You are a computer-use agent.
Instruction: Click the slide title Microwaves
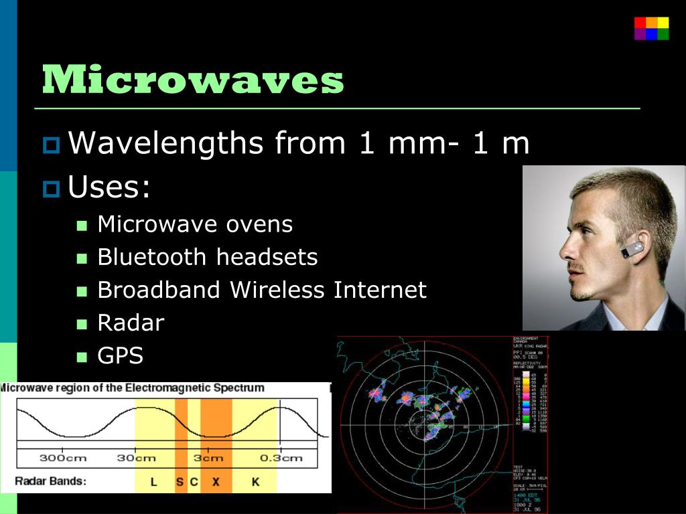(x=193, y=80)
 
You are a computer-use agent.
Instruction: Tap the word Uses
(x=109, y=187)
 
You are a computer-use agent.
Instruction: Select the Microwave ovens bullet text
(x=195, y=224)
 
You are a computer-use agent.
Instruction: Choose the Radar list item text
(x=131, y=323)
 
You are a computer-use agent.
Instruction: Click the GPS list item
(x=121, y=355)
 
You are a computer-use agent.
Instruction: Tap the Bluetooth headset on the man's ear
(x=632, y=250)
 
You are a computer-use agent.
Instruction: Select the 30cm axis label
(x=136, y=458)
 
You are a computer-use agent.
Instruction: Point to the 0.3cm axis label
(x=281, y=458)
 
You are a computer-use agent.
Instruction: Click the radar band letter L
(x=153, y=481)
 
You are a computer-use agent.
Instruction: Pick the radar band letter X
(x=216, y=481)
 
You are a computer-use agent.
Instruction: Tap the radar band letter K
(x=255, y=481)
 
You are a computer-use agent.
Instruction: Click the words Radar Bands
(x=50, y=481)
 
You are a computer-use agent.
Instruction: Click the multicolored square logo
(x=651, y=29)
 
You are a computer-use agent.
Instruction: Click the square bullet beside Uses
(x=50, y=189)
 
